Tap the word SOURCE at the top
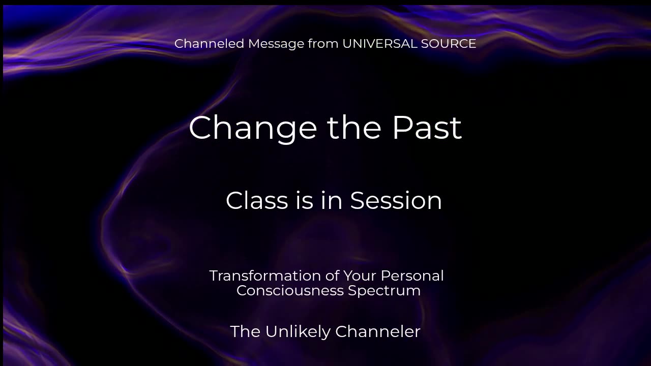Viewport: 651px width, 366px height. click(x=449, y=44)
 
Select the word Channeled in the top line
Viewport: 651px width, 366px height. click(x=209, y=44)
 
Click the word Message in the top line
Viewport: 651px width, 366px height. click(x=276, y=44)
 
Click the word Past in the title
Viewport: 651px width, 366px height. click(x=427, y=128)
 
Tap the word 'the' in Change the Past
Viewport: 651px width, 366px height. click(x=354, y=127)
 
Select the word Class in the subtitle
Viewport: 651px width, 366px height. click(x=257, y=200)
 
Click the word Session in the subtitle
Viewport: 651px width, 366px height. click(x=396, y=200)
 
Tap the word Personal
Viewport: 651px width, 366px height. click(x=412, y=276)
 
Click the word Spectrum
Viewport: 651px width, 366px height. click(x=384, y=291)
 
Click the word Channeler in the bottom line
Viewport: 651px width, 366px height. click(x=378, y=331)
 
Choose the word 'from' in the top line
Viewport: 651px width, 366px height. click(x=323, y=44)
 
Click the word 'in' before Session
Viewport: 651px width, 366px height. click(x=332, y=200)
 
